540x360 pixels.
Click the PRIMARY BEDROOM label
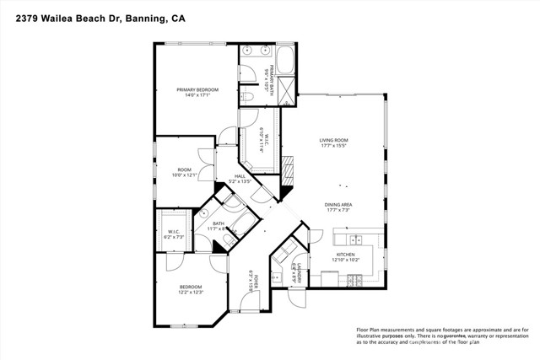point(197,89)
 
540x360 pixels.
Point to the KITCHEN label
point(346,254)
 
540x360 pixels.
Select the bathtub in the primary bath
point(283,62)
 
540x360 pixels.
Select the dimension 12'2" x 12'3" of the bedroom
point(191,293)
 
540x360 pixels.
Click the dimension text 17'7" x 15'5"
point(334,147)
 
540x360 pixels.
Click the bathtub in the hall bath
point(241,224)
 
